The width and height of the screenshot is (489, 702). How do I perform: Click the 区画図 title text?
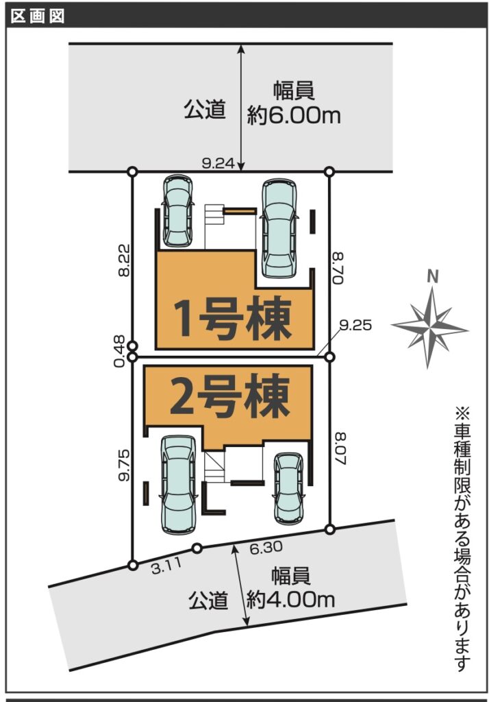pyautogui.click(x=38, y=16)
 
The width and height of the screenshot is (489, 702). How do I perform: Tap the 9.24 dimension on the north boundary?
pyautogui.click(x=218, y=163)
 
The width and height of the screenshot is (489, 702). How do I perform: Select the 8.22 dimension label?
pyautogui.click(x=124, y=260)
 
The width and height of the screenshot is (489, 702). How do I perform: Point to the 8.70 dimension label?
pyautogui.click(x=338, y=268)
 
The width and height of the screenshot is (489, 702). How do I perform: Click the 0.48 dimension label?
pyautogui.click(x=119, y=352)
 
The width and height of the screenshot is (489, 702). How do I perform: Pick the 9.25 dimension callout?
pyautogui.click(x=355, y=325)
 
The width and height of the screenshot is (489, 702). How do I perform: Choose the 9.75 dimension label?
pyautogui.click(x=124, y=465)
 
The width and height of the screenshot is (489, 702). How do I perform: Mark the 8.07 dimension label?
pyautogui.click(x=340, y=449)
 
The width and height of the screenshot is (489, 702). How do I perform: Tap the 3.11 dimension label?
pyautogui.click(x=166, y=566)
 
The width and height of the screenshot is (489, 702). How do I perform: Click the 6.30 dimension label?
pyautogui.click(x=266, y=548)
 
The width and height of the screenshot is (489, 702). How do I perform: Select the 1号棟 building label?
pyautogui.click(x=234, y=319)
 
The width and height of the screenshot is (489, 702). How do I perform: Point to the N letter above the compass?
pyautogui.click(x=432, y=277)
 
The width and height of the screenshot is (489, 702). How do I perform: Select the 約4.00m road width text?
pyautogui.click(x=290, y=599)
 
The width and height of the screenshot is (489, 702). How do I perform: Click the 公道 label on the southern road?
pyautogui.click(x=208, y=601)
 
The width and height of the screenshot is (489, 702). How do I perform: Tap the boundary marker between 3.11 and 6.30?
pyautogui.click(x=197, y=548)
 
